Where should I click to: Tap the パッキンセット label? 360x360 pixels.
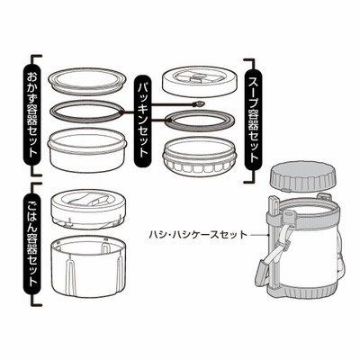(143, 121)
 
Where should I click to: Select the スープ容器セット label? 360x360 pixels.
(254, 121)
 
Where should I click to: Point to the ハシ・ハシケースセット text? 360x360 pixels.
(198, 234)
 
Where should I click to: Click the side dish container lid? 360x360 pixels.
(87, 80)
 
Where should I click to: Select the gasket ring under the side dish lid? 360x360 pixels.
(87, 112)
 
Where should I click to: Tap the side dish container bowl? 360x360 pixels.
(87, 150)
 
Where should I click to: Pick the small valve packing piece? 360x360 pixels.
(199, 104)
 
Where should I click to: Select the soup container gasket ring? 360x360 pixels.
(200, 121)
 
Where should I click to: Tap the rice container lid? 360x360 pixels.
(87, 211)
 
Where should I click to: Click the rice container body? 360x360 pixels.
(87, 265)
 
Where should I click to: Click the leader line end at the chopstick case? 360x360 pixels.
(267, 234)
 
